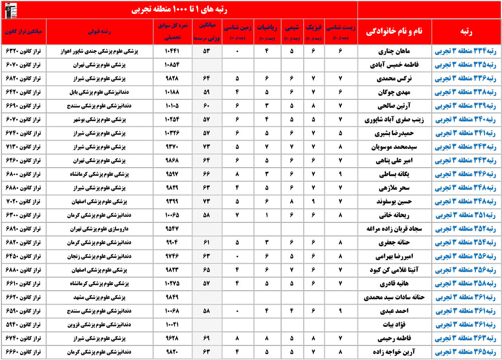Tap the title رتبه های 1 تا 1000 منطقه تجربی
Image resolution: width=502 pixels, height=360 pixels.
click(180, 10)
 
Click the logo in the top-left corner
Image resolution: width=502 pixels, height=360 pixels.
click(10, 10)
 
